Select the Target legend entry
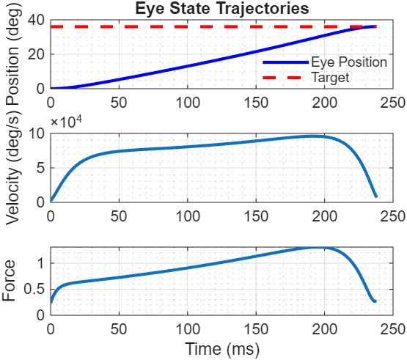click(330, 76)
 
